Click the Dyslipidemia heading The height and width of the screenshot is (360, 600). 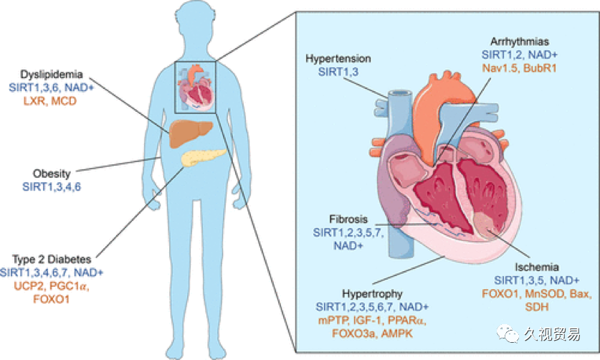click(x=52, y=75)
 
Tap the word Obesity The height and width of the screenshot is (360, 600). click(x=52, y=174)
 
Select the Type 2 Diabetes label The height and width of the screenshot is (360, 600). click(x=52, y=260)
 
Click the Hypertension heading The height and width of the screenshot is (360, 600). click(x=338, y=59)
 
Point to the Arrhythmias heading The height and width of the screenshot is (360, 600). click(x=520, y=42)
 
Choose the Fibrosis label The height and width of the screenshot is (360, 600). click(x=348, y=219)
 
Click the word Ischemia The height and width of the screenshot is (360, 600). click(x=536, y=267)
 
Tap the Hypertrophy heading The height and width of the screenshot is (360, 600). click(x=372, y=294)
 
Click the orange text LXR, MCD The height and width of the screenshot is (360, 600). click(x=50, y=101)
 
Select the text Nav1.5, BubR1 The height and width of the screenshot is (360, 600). click(x=519, y=68)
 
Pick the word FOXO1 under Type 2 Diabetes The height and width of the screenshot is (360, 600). click(x=52, y=299)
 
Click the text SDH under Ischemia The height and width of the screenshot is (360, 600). click(x=537, y=307)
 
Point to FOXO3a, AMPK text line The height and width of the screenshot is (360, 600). click(x=372, y=333)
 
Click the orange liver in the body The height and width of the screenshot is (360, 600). click(x=190, y=133)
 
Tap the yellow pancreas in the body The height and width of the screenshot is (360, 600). click(x=203, y=157)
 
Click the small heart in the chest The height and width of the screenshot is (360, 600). click(x=195, y=89)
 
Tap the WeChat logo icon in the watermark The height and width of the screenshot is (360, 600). click(x=508, y=334)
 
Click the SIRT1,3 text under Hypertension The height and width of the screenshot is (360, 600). click(x=338, y=72)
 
